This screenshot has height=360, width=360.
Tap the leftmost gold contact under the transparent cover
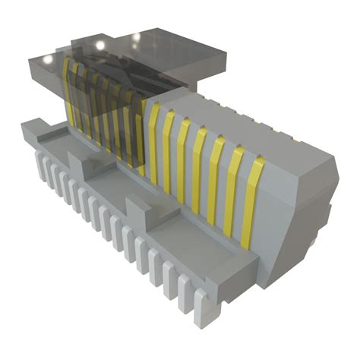67,91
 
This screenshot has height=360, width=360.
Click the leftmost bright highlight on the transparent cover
47,59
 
